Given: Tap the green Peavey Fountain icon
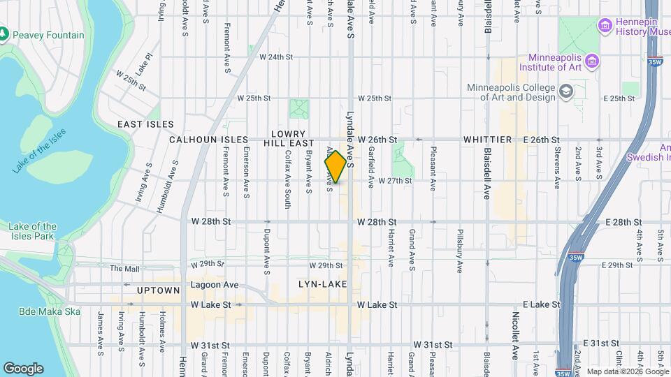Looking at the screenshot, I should pyautogui.click(x=5, y=34).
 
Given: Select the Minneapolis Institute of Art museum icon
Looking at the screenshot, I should pyautogui.click(x=593, y=61).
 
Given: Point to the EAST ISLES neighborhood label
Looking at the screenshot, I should pyautogui.click(x=145, y=124).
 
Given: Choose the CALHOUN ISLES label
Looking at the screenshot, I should pyautogui.click(x=209, y=140).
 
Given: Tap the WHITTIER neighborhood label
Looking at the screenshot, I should pyautogui.click(x=487, y=140).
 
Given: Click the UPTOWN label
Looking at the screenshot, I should pyautogui.click(x=159, y=290).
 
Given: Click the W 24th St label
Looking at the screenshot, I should pyautogui.click(x=274, y=57).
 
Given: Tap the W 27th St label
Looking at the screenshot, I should pyautogui.click(x=394, y=181).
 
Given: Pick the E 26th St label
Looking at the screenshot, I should pyautogui.click(x=538, y=140).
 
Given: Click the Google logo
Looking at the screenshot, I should pyautogui.click(x=23, y=369).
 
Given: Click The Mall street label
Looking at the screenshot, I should pyautogui.click(x=125, y=268).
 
